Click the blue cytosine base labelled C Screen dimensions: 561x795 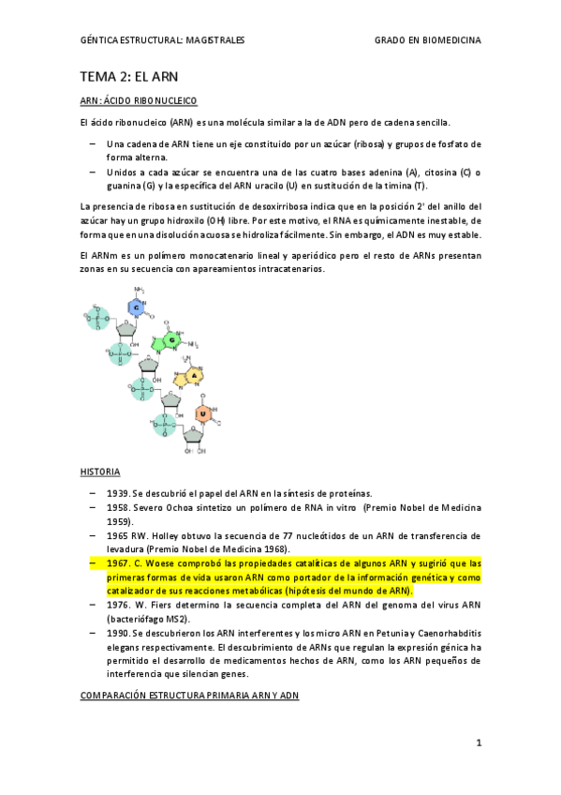[x=136, y=307]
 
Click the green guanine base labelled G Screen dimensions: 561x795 [x=171, y=338]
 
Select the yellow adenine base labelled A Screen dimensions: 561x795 [x=194, y=375]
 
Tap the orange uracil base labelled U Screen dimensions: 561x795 [x=202, y=412]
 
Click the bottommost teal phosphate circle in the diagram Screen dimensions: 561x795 [x=164, y=426]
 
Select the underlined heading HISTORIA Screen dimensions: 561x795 [x=99, y=472]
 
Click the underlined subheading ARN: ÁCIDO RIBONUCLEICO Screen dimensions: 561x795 [x=139, y=100]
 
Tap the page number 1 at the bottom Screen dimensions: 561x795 [x=478, y=742]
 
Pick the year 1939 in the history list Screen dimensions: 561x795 [x=118, y=493]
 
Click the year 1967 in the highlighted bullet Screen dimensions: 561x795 [x=119, y=563]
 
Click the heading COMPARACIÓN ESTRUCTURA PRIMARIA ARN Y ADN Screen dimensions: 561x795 [x=190, y=697]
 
